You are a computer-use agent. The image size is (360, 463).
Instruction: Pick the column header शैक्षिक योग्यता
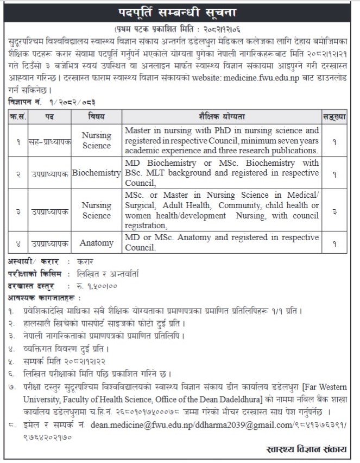pyautogui.click(x=222, y=116)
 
